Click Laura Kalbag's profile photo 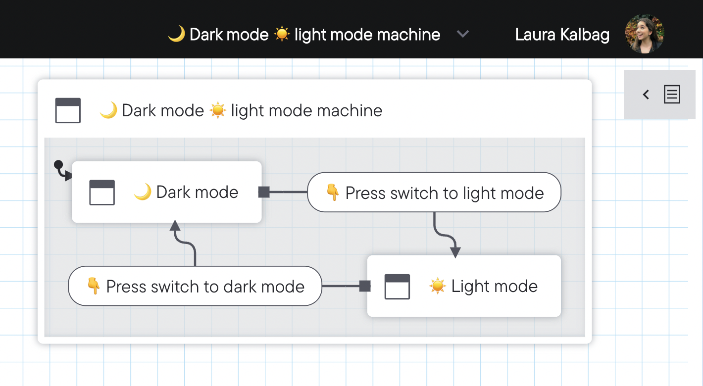644,34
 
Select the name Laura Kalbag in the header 562,35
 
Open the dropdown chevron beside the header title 462,34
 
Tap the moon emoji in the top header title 176,34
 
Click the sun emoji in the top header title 282,34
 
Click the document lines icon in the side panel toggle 672,94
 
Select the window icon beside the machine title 68,110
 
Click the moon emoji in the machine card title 108,110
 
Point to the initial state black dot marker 58,164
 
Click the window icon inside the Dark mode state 102,193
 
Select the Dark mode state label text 197,192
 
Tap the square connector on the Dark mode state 264,192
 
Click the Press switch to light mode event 434,193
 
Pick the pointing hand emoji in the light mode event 332,193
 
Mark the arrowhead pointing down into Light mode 455,252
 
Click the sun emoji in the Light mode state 437,286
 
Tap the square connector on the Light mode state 365,286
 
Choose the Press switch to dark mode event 195,287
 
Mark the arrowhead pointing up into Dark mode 175,226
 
